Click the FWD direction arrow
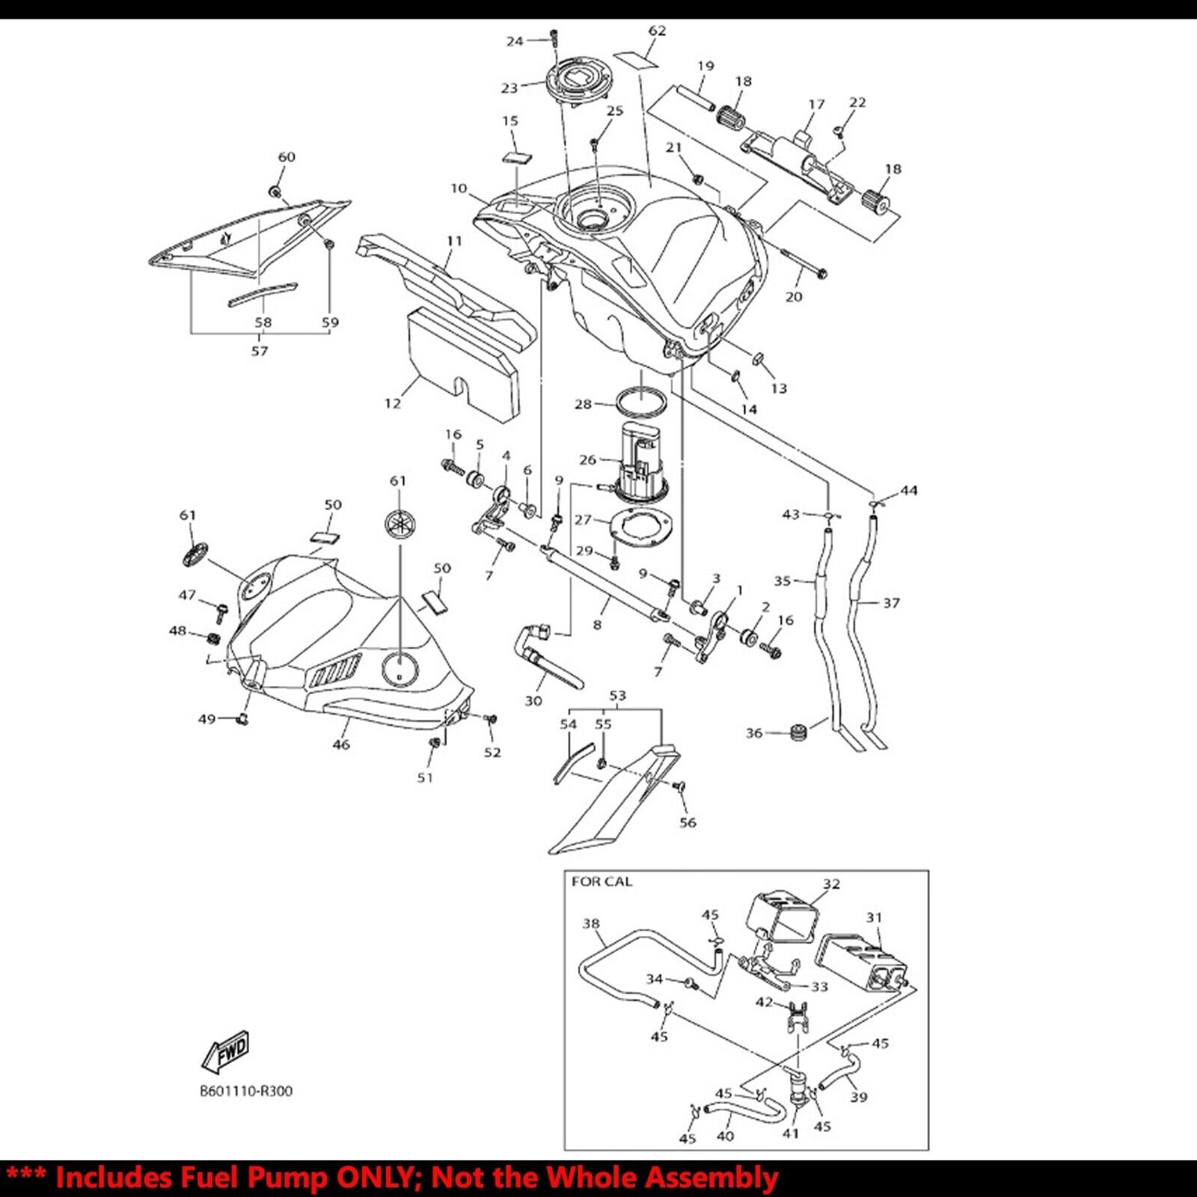(225, 1051)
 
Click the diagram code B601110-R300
(246, 1091)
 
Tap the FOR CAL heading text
(601, 882)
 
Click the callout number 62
(657, 31)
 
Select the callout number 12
(393, 403)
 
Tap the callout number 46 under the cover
(341, 744)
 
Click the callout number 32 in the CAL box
(832, 884)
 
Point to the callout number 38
(591, 923)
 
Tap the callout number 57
(260, 350)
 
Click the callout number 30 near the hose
(533, 701)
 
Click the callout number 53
(617, 696)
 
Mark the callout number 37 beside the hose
(891, 602)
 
